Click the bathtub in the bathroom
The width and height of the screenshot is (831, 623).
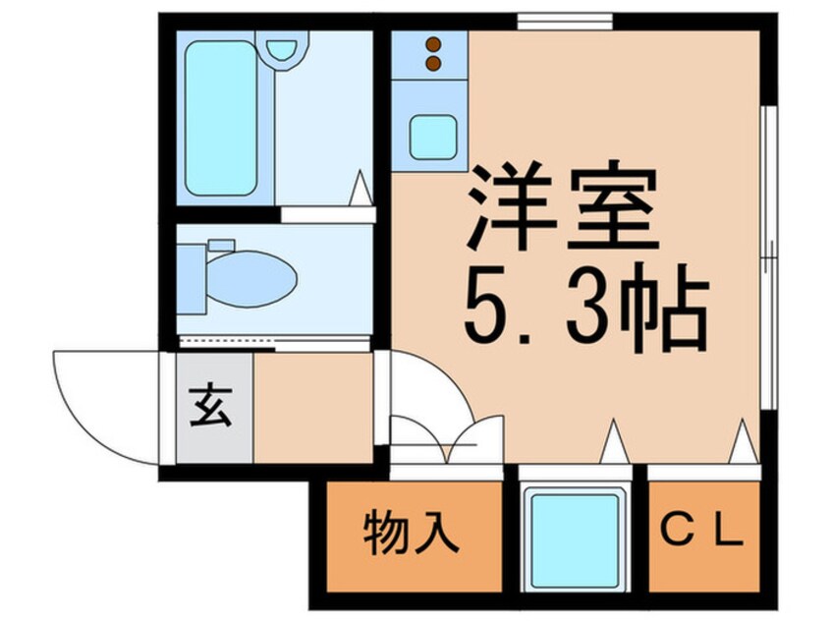point(221,118)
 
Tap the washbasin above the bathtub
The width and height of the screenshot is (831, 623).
point(281,49)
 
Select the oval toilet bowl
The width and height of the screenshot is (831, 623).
point(251,279)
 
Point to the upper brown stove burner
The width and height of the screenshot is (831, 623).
point(434,44)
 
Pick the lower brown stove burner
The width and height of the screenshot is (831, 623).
point(434,64)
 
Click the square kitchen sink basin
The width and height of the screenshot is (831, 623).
point(433,137)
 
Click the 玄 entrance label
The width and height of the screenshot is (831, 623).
point(211,406)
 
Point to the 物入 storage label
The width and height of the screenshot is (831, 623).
point(411,532)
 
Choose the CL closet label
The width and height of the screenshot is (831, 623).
point(701,532)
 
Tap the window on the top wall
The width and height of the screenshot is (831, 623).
point(565,22)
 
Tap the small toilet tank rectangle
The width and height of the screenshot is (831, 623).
point(222,245)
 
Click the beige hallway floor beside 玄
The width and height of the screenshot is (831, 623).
point(313,408)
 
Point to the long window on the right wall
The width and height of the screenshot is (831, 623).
point(768,257)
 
